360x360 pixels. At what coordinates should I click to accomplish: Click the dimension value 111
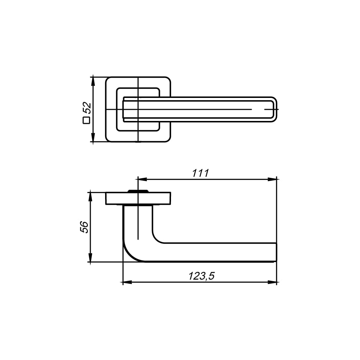(x=201, y=173)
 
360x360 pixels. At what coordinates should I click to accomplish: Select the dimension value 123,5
(x=201, y=276)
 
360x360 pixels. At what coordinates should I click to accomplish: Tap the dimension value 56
(x=84, y=227)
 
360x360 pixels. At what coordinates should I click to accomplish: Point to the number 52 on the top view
(x=87, y=108)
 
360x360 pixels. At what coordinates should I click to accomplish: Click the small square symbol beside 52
(x=86, y=120)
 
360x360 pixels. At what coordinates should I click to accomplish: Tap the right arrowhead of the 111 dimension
(x=272, y=179)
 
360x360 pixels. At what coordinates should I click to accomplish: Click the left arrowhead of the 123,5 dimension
(x=127, y=282)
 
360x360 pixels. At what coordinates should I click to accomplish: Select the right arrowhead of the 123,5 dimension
(x=272, y=282)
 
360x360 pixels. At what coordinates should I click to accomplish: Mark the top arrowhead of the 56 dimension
(x=90, y=197)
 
